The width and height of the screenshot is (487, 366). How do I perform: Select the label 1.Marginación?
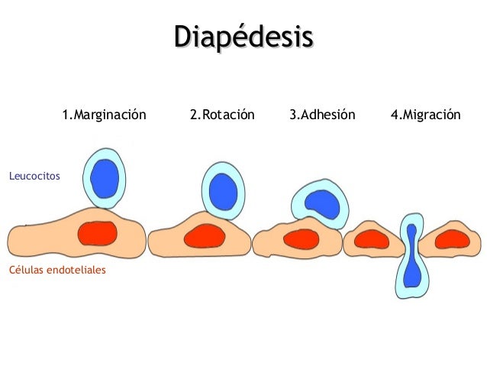104,115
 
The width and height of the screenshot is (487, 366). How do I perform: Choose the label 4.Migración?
425,115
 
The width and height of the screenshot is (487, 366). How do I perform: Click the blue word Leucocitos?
34,177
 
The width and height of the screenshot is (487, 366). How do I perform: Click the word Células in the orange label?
27,270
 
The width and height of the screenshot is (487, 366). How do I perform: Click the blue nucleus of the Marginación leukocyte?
105,178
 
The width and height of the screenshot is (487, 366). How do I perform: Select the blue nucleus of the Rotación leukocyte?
223,189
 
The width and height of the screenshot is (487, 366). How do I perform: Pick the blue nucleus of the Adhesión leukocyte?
321,201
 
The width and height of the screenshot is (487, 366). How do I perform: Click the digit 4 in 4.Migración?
394,115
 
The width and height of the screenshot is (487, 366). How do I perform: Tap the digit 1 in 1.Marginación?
65,115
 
